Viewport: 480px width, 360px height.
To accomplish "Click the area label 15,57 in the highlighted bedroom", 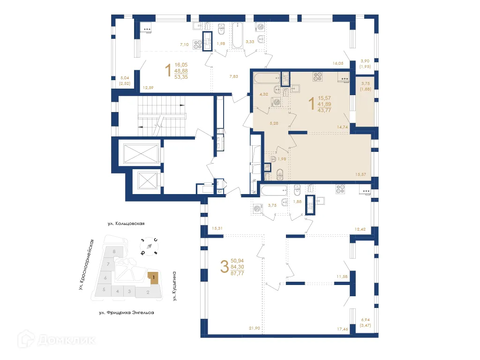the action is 360,174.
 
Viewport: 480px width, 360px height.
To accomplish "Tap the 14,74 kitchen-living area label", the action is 342,127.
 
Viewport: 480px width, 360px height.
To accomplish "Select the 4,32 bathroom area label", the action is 264,94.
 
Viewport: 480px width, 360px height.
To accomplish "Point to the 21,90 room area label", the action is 255,328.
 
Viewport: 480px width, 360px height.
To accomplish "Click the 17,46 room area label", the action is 343,329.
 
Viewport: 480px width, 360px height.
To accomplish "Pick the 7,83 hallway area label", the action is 233,76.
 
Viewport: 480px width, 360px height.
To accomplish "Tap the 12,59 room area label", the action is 148,88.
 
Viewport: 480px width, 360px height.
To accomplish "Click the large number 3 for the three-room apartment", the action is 225,266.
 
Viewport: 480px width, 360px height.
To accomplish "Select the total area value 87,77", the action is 237,273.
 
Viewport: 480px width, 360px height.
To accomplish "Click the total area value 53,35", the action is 181,77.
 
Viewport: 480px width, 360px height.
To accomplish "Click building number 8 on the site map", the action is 114,252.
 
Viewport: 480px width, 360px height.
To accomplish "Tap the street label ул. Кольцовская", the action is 126,224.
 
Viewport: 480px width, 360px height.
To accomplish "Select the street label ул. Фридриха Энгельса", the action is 127,313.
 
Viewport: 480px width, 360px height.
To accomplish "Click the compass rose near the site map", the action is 149,246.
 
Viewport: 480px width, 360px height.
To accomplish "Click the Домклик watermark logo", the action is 56,339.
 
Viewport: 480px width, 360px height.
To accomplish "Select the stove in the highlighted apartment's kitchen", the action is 317,76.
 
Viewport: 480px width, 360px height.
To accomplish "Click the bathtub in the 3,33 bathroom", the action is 238,35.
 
